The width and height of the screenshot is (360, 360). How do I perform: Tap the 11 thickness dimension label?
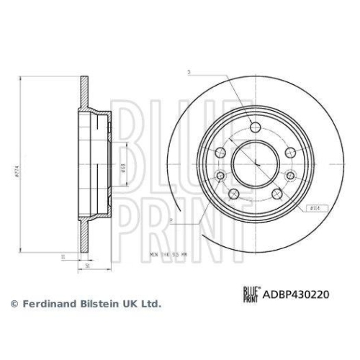pyautogui.click(x=64, y=256)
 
